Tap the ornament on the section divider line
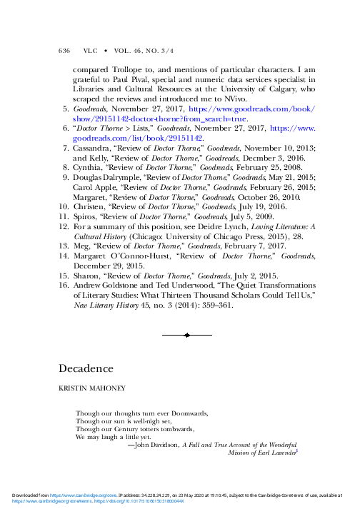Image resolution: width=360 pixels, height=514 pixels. (x=186, y=334)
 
